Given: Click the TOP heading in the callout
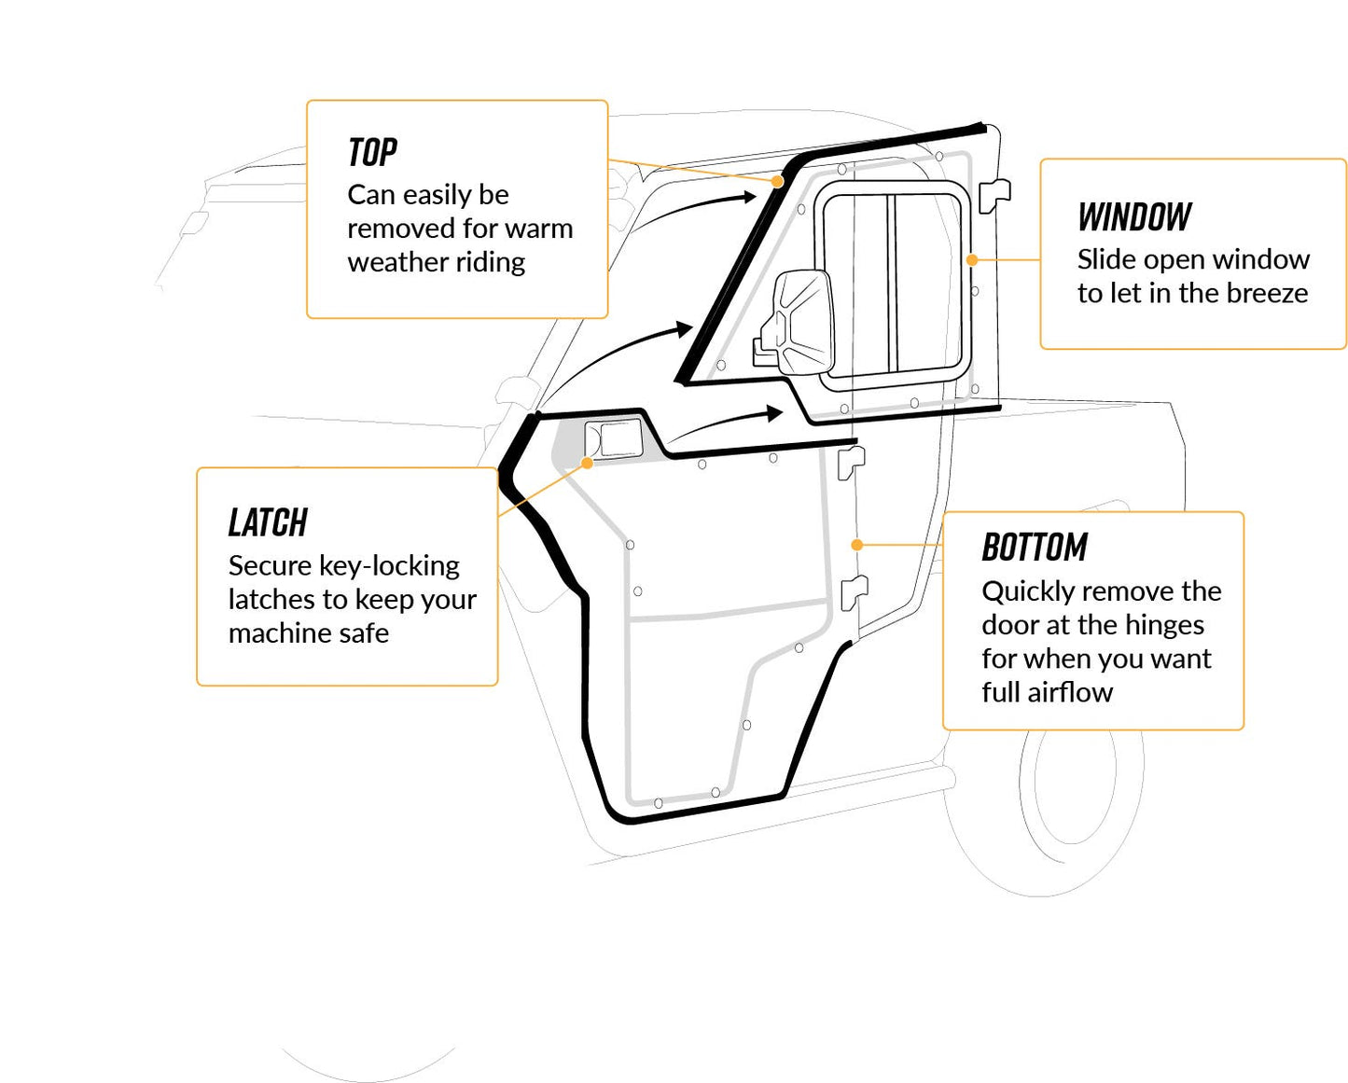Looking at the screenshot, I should [x=372, y=152].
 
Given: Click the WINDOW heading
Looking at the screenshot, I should [x=1133, y=217].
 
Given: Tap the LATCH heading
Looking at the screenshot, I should [x=268, y=523].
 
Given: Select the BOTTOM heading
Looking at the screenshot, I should [x=1034, y=548].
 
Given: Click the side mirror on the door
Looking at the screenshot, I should [x=798, y=322].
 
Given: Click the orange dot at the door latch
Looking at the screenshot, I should [x=587, y=463].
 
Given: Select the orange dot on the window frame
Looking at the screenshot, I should [x=972, y=260].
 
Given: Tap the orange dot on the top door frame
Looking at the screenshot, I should [x=777, y=182].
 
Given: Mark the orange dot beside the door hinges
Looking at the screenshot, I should [x=856, y=545].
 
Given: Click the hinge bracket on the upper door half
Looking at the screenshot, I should [x=994, y=194].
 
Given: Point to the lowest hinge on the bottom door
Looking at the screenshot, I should [x=853, y=591].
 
